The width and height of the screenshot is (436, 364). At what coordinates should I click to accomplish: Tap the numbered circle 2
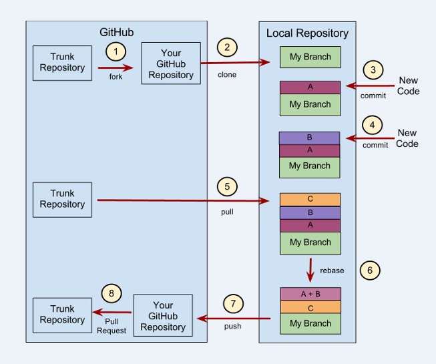tap(228, 47)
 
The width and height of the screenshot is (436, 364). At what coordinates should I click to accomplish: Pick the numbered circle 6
tap(369, 270)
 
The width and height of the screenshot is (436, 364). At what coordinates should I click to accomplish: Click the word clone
tap(228, 74)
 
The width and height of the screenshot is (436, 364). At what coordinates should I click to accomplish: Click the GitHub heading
tap(117, 31)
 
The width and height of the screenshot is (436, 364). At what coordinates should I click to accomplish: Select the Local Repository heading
tap(307, 33)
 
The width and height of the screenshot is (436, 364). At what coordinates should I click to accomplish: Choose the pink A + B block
tap(310, 294)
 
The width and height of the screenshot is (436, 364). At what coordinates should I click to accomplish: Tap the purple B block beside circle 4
tap(309, 138)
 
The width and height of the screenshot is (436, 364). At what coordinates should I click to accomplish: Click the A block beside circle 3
tap(310, 87)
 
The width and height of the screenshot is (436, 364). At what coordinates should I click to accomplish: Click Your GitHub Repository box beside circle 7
tap(163, 315)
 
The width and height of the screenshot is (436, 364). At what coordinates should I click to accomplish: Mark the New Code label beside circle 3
tap(407, 85)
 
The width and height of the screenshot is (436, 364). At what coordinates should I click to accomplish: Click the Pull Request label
tap(116, 326)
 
